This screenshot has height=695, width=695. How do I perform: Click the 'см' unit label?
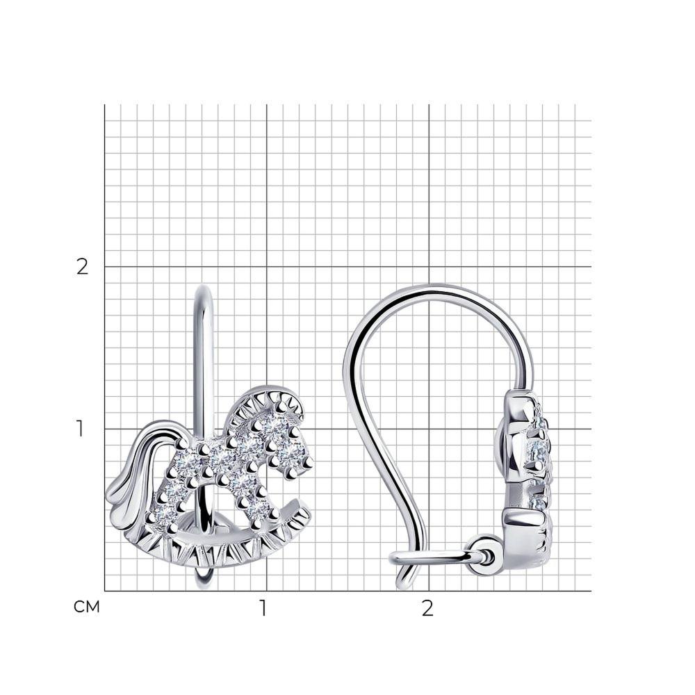(87, 607)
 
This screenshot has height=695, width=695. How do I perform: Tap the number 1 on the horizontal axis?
(263, 608)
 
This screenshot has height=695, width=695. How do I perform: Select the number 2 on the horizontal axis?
(427, 608)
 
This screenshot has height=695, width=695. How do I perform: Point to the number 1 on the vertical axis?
(80, 429)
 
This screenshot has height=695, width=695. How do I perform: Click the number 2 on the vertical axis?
(83, 267)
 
